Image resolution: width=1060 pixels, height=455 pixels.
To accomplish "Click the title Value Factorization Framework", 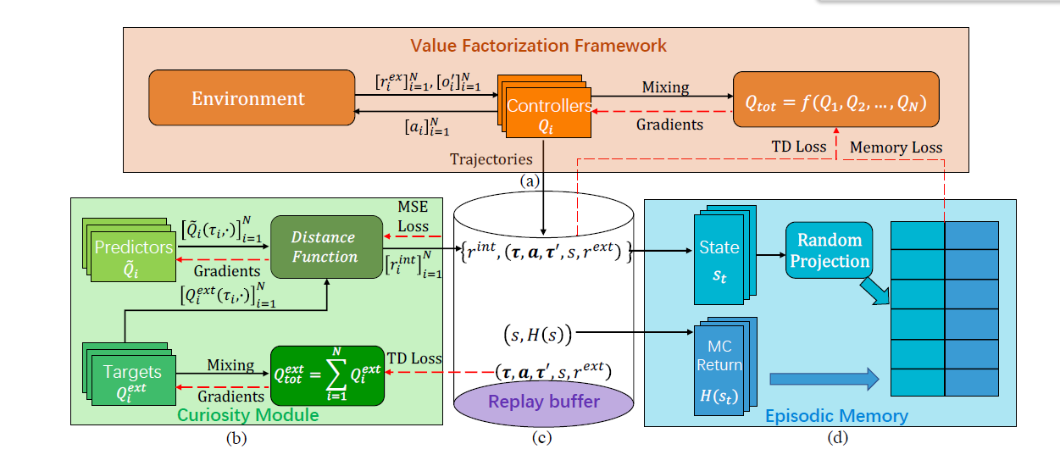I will (x=539, y=46).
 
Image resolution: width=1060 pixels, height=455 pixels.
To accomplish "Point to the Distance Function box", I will (x=324, y=247).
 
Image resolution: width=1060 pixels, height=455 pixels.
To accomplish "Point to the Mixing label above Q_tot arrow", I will (x=665, y=86).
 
